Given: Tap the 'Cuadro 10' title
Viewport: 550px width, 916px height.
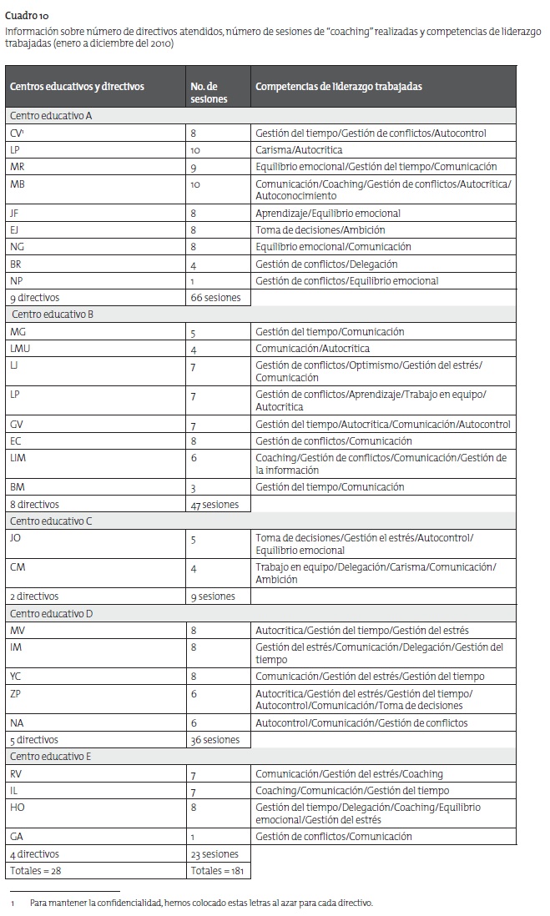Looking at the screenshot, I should (25, 14).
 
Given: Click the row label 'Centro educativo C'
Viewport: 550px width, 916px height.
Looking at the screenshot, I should (51, 521).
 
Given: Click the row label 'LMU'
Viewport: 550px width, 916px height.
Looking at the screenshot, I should (20, 348).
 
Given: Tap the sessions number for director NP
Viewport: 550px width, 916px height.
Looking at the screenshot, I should (193, 281).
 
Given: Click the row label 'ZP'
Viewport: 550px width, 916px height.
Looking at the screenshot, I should (16, 693).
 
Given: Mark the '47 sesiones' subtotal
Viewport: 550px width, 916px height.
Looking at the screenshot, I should (214, 504).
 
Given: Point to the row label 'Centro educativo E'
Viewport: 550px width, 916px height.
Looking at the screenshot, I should (50, 757).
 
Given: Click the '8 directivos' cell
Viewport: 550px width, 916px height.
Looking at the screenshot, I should (34, 504).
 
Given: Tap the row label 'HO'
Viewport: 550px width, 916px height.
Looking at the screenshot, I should (18, 807).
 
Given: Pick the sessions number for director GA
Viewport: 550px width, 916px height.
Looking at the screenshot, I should (193, 837).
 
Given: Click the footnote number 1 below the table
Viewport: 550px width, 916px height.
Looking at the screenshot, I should (13, 903).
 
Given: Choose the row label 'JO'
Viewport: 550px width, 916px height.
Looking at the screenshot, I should (16, 538).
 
